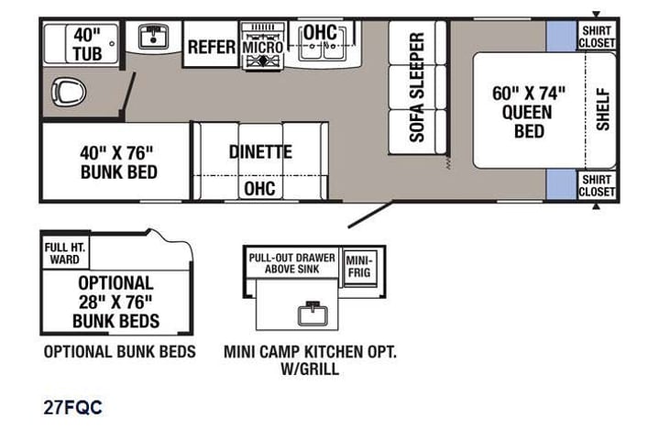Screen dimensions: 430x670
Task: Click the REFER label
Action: [212, 46]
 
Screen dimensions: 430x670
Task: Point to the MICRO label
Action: [263, 45]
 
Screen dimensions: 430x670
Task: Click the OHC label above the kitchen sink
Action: [321, 32]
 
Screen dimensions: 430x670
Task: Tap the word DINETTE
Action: [260, 151]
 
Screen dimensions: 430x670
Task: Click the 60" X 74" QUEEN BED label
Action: [528, 111]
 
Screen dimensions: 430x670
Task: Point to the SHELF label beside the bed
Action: [602, 109]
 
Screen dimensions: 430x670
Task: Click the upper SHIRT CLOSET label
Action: [596, 36]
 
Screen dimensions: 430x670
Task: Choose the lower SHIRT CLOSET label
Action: [596, 185]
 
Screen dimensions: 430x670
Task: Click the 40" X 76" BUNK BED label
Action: [118, 161]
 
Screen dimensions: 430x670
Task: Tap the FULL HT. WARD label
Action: [66, 253]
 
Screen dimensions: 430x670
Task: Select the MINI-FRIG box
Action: [359, 266]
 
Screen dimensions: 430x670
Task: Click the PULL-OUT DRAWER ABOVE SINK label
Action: [291, 263]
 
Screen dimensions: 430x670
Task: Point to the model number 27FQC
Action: [72, 408]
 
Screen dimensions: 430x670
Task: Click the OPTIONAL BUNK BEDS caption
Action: [119, 352]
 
